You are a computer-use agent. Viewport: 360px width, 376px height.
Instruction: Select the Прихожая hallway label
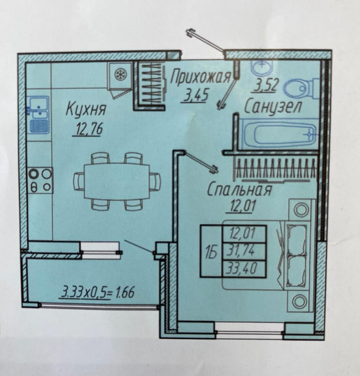click(200, 77)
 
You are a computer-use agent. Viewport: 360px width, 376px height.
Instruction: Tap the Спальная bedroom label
click(239, 190)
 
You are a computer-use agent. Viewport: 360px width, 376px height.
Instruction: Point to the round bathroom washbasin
click(261, 67)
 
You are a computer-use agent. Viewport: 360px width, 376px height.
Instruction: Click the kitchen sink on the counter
click(39, 113)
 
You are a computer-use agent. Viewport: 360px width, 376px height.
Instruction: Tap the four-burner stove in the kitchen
click(40, 180)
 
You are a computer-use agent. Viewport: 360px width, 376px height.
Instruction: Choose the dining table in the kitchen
click(117, 181)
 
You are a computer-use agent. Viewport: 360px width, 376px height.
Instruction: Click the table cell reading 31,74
click(244, 252)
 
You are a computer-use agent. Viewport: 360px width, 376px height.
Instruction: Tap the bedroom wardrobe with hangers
click(276, 170)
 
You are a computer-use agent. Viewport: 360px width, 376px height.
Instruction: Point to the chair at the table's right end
click(155, 181)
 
